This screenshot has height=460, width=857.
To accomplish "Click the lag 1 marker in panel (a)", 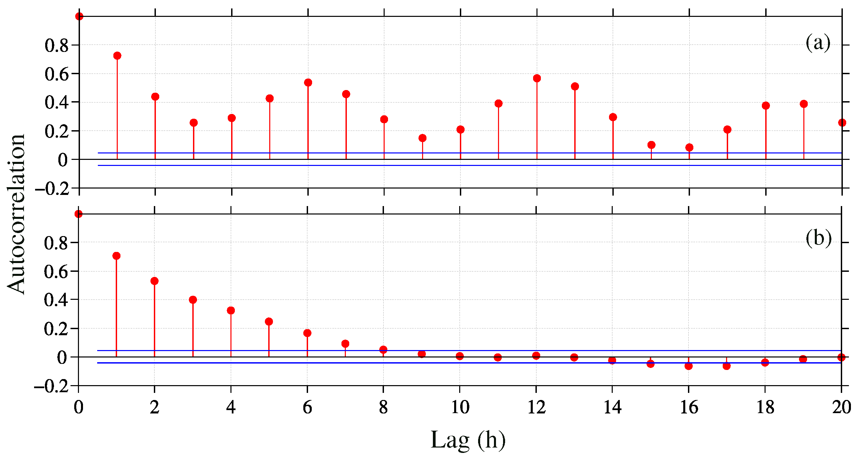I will [x=117, y=56].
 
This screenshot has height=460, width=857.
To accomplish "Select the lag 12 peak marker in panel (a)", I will [x=537, y=78].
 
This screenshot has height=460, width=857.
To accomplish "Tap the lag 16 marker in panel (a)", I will [x=689, y=147].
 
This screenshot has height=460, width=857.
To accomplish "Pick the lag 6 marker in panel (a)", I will [x=308, y=83].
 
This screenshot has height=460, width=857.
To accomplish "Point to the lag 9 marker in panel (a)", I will [x=422, y=138].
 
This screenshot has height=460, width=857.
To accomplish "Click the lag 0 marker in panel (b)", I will [x=78, y=214].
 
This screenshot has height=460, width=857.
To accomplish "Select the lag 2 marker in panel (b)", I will [x=155, y=281].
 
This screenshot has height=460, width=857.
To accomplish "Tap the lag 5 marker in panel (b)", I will [x=269, y=321].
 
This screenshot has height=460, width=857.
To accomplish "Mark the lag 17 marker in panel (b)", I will [x=727, y=366].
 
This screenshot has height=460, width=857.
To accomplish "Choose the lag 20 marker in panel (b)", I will [x=841, y=357].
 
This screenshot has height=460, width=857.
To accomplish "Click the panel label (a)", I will [x=818, y=43].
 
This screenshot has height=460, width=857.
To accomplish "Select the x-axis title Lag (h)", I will [x=468, y=440].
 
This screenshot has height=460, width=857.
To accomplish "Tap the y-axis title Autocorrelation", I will [x=16, y=214].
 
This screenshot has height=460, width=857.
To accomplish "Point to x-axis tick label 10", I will [x=460, y=407].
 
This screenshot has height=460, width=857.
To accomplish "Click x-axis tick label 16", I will [x=689, y=407].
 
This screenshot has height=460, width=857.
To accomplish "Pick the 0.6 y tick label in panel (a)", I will [x=56, y=74].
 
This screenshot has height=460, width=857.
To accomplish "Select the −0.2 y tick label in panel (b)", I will [x=51, y=386].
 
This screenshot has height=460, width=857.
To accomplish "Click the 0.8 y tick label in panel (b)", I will [x=56, y=243].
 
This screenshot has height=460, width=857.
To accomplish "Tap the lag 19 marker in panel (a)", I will [x=804, y=104].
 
